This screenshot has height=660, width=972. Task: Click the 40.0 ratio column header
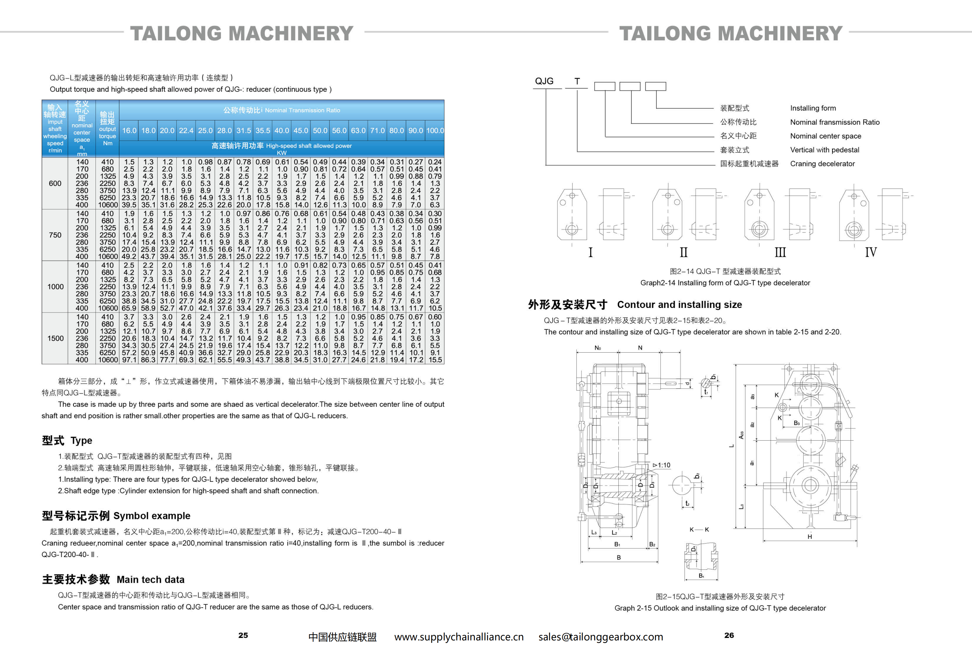coord(281,131)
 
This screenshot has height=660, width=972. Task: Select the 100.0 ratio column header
coord(435,131)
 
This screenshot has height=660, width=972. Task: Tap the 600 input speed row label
coord(55,183)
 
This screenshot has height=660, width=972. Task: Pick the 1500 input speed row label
coord(55,338)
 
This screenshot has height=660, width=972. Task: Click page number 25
coord(243,635)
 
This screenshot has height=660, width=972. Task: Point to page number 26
coord(729,635)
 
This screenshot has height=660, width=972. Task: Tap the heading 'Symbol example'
coord(152,516)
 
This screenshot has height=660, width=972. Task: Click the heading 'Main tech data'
coord(151,580)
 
